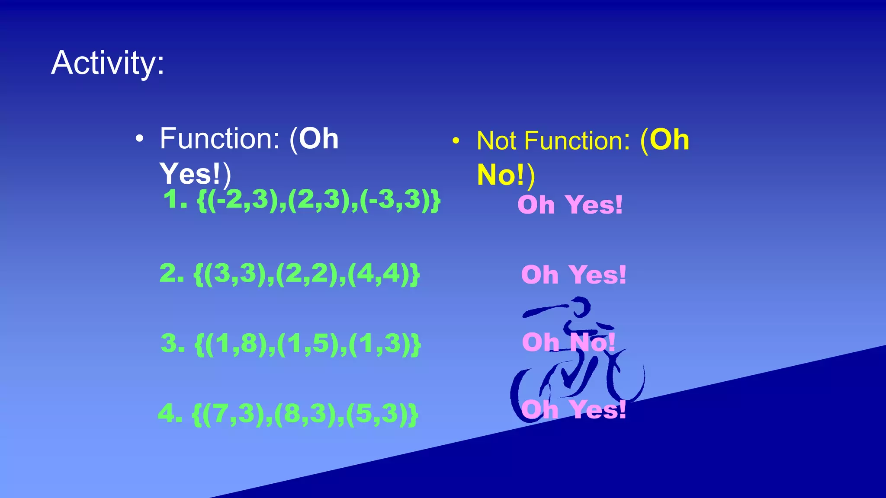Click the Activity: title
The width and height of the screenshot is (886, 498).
coord(108,63)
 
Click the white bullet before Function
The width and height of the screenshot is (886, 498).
coord(139,139)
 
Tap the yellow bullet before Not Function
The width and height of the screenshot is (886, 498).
coord(456,141)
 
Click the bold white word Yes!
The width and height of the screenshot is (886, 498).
coord(190,174)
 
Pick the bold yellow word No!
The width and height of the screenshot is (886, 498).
coord(501,175)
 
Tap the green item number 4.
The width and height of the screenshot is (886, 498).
coord(169,414)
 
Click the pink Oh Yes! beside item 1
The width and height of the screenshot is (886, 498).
coord(570,205)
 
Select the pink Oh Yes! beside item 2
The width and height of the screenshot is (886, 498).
coord(573,275)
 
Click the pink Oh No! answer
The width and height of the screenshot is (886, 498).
coord(568,343)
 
